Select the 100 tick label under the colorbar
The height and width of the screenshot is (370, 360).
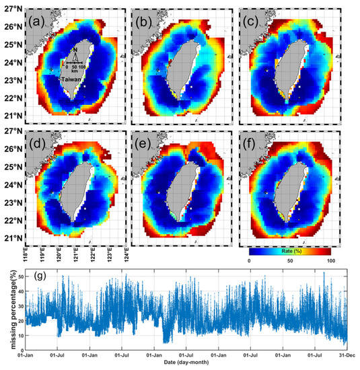(x=330, y=260)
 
